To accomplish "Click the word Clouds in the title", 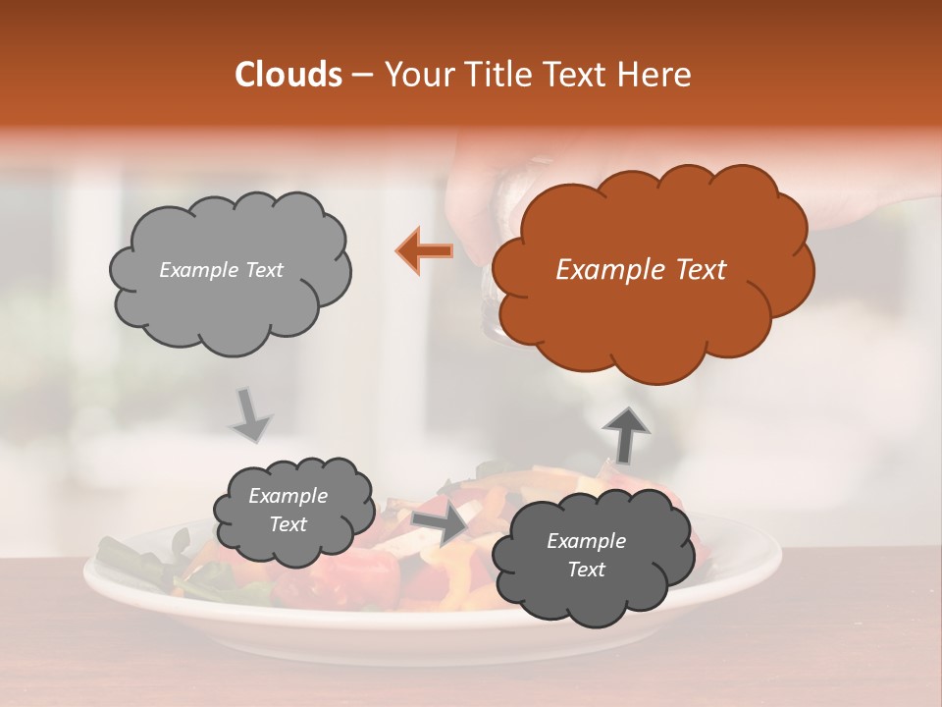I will pos(288,75).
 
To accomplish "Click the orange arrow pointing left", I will pos(425,250).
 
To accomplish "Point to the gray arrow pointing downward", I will pos(251,415).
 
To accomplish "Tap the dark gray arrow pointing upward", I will pos(625,434).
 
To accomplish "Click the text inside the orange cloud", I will pos(641,270).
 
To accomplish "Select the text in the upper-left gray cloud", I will pos(221,270).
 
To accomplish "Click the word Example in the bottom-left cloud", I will pos(288,496).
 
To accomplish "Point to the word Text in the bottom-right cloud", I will pos(586,570).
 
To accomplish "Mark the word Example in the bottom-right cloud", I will pos(586,541).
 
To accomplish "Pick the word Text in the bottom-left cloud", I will pos(288,524).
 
